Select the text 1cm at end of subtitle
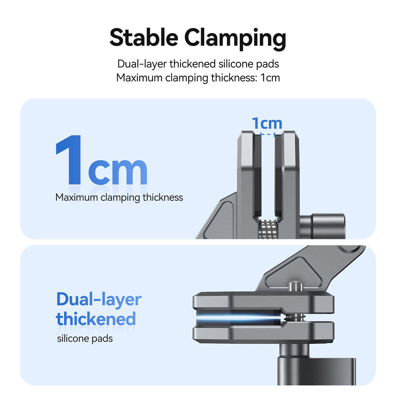click(270, 77)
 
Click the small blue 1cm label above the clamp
click(267, 124)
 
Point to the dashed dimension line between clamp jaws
click(268, 135)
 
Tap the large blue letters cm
click(118, 170)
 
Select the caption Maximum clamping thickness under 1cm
click(119, 197)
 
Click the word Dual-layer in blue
click(99, 299)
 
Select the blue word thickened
click(96, 319)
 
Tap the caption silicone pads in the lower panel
click(85, 339)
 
